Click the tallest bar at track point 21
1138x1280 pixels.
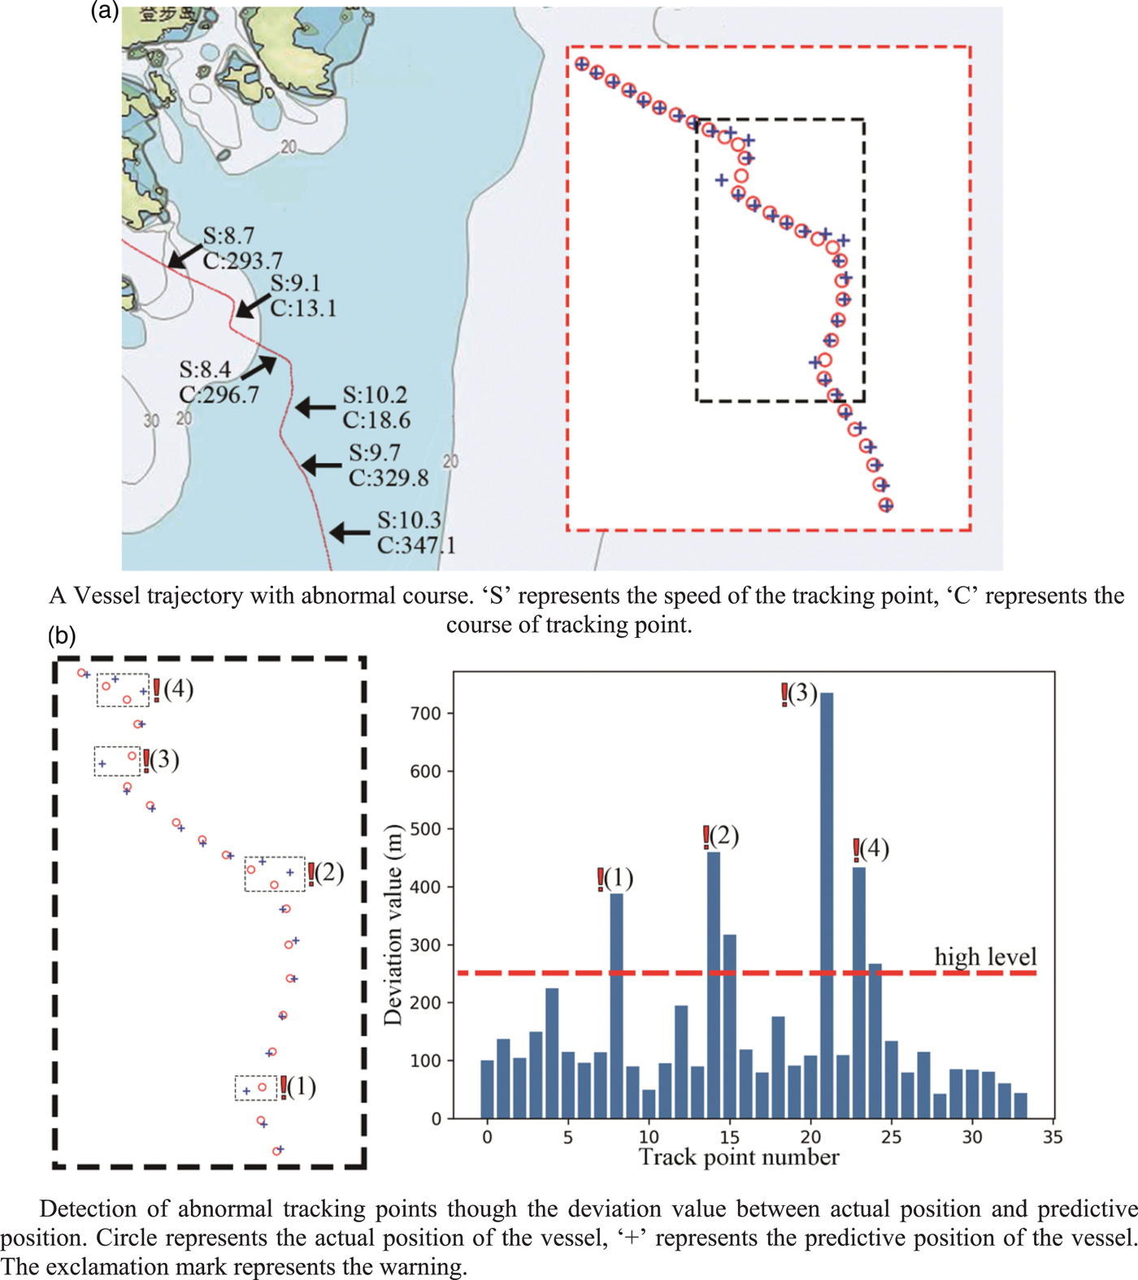click(x=827, y=902)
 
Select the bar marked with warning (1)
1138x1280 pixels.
click(x=616, y=1008)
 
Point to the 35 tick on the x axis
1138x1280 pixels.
click(x=1053, y=1137)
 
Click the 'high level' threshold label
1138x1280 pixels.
click(x=985, y=957)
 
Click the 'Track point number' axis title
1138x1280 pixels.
click(x=739, y=1157)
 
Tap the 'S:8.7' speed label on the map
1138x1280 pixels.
click(x=228, y=236)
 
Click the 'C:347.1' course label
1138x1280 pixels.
click(x=416, y=545)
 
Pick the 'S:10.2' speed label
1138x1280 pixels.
click(x=375, y=395)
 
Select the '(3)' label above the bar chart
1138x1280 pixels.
click(x=801, y=693)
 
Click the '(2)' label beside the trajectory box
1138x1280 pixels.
click(x=329, y=873)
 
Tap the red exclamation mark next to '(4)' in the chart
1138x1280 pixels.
click(x=856, y=850)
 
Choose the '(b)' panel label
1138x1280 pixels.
click(x=62, y=636)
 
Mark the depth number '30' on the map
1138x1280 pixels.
click(x=151, y=421)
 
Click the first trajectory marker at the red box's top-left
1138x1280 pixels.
click(x=581, y=64)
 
